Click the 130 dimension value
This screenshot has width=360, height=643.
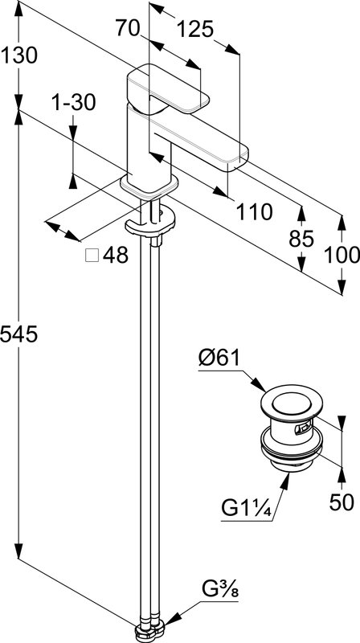pyautogui.click(x=18, y=55)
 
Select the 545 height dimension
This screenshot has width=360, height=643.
pyautogui.click(x=18, y=334)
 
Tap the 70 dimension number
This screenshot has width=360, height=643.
pyautogui.click(x=128, y=28)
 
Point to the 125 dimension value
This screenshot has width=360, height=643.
pyautogui.click(x=195, y=29)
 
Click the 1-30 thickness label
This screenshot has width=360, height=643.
pyautogui.click(x=73, y=103)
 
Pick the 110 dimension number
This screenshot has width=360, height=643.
pyautogui.click(x=254, y=211)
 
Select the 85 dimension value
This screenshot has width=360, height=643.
pyautogui.click(x=301, y=239)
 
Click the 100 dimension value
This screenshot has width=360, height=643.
pyautogui.click(x=342, y=255)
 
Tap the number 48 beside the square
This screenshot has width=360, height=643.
pyautogui.click(x=116, y=256)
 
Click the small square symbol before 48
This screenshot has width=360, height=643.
pyautogui.click(x=92, y=256)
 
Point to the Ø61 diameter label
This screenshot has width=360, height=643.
pyautogui.click(x=219, y=358)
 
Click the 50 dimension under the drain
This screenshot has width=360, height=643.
pyautogui.click(x=342, y=502)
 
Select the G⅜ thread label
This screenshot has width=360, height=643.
pyautogui.click(x=220, y=590)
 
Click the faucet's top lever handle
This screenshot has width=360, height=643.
pyautogui.click(x=168, y=89)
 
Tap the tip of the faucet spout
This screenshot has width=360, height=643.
pyautogui.click(x=238, y=164)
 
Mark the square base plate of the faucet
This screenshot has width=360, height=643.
pyautogui.click(x=149, y=187)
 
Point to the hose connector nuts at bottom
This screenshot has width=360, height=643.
pyautogui.click(x=149, y=629)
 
